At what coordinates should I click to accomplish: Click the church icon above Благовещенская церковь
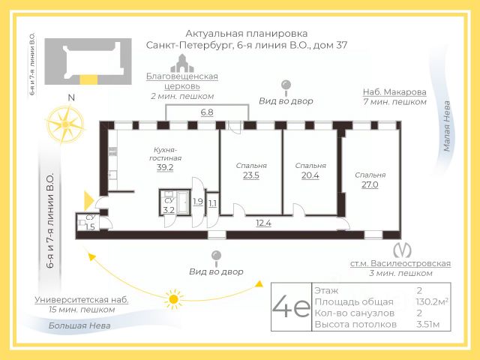click(x=181, y=63)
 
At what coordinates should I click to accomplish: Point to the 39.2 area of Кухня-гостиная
click(x=165, y=167)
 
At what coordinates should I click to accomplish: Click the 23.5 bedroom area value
click(x=251, y=177)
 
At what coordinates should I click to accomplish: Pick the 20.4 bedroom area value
click(x=310, y=177)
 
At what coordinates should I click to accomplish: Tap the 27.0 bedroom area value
click(x=370, y=184)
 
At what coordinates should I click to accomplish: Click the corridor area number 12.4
click(x=263, y=222)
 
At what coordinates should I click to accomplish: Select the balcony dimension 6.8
click(x=206, y=112)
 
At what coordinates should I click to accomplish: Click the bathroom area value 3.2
click(x=169, y=210)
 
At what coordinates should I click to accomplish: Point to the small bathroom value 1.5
click(x=90, y=226)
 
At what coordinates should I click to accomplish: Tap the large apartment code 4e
click(x=291, y=307)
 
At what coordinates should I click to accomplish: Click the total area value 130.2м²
click(x=432, y=301)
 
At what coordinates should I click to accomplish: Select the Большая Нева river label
click(x=79, y=325)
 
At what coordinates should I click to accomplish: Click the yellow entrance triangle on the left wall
click(x=89, y=200)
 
